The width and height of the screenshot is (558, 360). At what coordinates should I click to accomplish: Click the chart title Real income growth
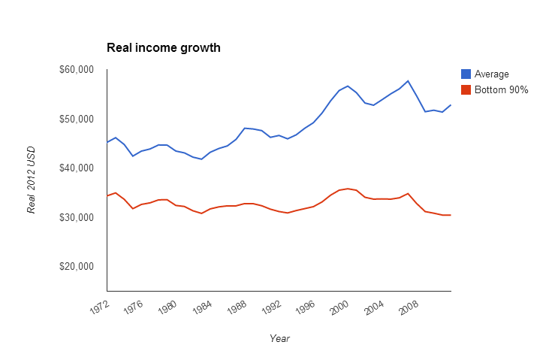click(164, 48)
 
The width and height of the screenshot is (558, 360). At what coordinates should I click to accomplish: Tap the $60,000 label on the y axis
click(75, 70)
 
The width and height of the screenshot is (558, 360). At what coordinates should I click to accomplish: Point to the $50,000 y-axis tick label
click(75, 119)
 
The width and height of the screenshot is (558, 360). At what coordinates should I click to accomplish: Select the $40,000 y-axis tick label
click(75, 168)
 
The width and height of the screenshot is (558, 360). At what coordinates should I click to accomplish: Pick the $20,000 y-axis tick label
click(75, 267)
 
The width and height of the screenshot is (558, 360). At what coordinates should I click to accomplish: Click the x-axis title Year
click(279, 339)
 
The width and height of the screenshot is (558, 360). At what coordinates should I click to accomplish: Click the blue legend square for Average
click(466, 74)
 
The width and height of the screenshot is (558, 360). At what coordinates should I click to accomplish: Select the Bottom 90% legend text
click(502, 89)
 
